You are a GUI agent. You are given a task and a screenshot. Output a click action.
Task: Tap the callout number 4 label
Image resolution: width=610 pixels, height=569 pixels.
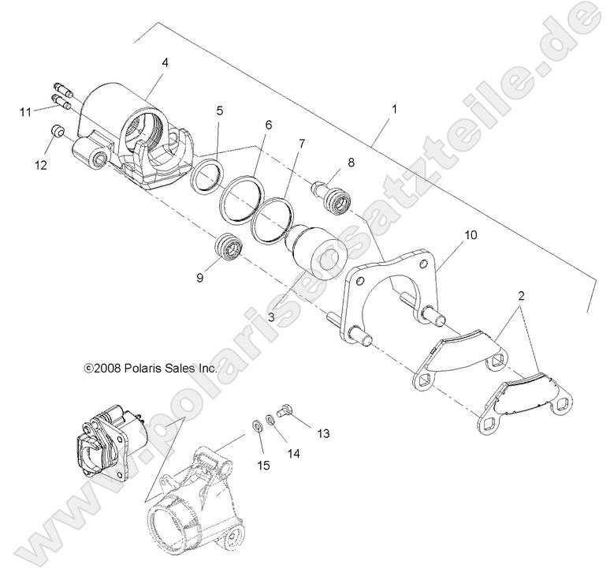165,60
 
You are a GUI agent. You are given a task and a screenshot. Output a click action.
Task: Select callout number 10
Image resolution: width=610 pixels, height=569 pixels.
471,235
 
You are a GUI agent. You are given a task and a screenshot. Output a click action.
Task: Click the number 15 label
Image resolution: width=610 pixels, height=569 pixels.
262,465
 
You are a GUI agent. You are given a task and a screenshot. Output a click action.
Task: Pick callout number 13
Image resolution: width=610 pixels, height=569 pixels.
323,433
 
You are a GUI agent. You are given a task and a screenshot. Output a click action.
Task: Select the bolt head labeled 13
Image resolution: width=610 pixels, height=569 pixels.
286,409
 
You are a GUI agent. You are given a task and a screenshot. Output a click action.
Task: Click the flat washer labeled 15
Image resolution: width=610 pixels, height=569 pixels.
256,426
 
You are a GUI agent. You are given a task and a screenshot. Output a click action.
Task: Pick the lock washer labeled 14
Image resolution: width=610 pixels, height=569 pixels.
270,419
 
